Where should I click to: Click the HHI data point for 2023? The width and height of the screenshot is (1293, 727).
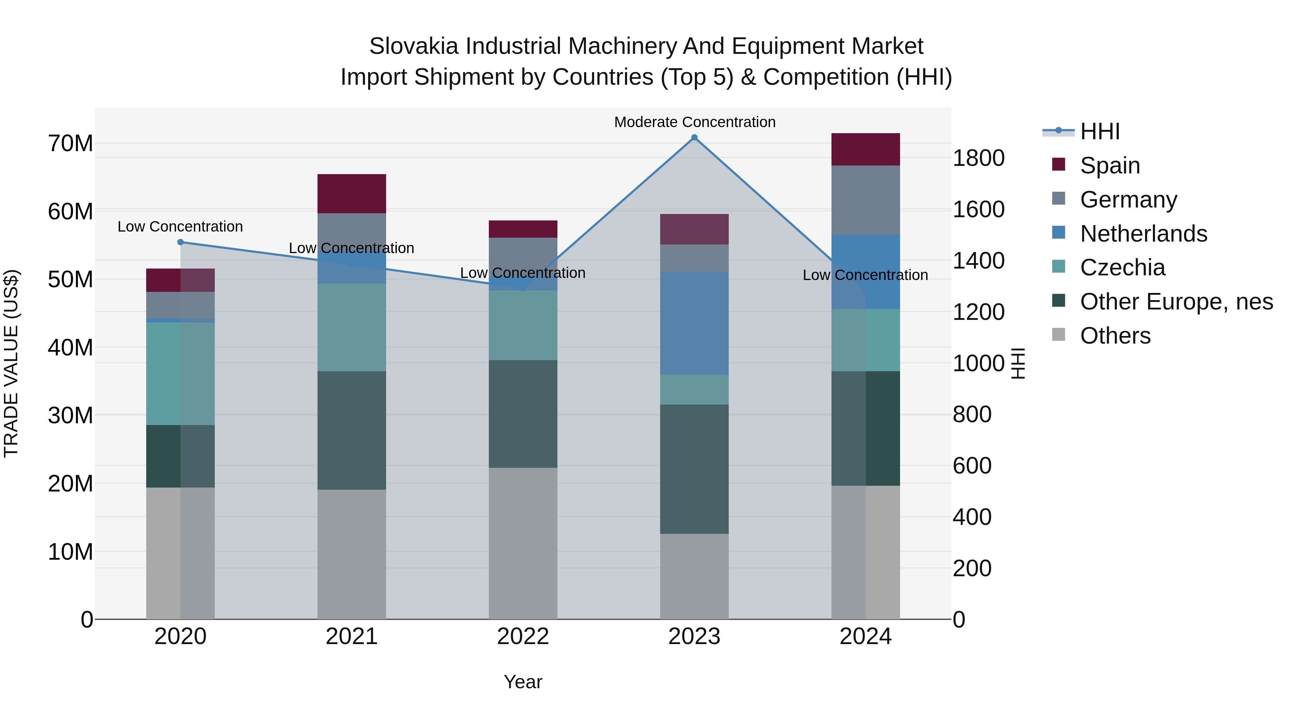coord(694,138)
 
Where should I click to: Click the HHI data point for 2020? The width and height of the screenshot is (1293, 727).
coord(181,242)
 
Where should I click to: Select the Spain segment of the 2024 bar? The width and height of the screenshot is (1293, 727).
coord(865,149)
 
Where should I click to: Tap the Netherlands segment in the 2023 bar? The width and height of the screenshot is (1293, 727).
coord(694,323)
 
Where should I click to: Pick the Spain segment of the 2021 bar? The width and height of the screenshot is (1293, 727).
coord(351,194)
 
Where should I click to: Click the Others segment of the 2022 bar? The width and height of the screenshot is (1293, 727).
coord(523,544)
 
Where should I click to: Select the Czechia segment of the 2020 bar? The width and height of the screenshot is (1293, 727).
coord(180,374)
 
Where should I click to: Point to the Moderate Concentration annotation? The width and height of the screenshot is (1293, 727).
coord(695,122)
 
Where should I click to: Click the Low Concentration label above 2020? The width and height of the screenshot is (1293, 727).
coord(180,227)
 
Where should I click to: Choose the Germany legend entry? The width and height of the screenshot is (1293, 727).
coord(1129,200)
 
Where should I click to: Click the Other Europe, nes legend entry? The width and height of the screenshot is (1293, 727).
coord(1176,302)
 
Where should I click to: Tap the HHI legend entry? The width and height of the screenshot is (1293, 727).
coord(1099,131)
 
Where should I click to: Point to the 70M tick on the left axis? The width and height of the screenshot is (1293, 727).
coord(70,144)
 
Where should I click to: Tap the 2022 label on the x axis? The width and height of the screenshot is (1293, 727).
coord(523,637)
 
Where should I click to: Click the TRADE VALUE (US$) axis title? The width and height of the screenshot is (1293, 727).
coord(11,363)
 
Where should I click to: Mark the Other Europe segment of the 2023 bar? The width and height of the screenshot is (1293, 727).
coord(694,469)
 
